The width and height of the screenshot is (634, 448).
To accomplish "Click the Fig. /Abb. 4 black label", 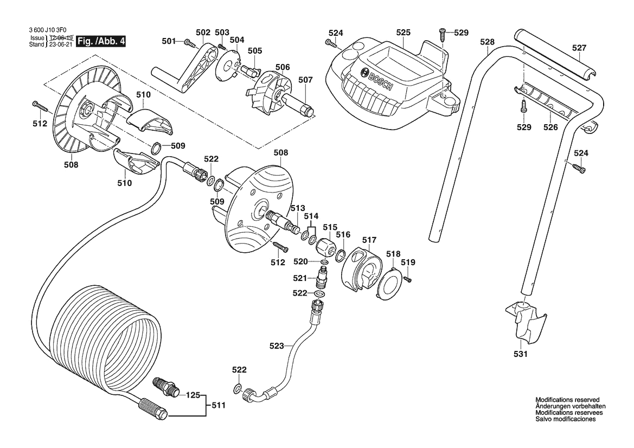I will (x=101, y=41).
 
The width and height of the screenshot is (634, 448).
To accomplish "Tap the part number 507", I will (x=305, y=80).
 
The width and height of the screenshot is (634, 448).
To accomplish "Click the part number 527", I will (x=579, y=48).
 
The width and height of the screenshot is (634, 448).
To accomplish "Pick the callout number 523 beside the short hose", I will (x=277, y=345).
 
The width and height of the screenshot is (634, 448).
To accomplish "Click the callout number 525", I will (x=403, y=33).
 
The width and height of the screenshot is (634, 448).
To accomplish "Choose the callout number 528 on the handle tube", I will (x=488, y=42).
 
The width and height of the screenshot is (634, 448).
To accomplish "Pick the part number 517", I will (x=369, y=239).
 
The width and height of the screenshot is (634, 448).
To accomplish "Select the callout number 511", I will (x=218, y=405).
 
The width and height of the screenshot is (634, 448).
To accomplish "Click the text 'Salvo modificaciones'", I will (x=566, y=419).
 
